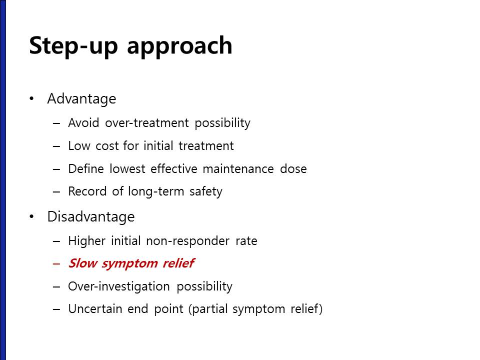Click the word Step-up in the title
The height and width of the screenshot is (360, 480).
[73, 45]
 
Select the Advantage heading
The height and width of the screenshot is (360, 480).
[81, 99]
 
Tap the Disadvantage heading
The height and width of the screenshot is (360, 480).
[91, 216]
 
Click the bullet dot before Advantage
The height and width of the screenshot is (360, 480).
[31, 98]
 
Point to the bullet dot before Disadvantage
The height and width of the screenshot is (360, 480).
[31, 216]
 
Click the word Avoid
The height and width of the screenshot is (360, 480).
[83, 123]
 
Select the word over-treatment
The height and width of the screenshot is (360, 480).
[147, 123]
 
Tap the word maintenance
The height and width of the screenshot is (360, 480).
[238, 168]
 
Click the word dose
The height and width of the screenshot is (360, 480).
[293, 168]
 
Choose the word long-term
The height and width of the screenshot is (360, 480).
[156, 191]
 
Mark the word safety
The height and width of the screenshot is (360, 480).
[205, 191]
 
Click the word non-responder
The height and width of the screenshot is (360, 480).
[187, 241]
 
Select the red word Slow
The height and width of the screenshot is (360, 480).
[83, 263]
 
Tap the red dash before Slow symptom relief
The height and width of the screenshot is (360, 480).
[56, 263]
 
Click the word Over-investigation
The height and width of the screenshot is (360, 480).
[119, 286]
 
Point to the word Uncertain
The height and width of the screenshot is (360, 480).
[95, 308]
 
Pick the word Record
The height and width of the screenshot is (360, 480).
[87, 191]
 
